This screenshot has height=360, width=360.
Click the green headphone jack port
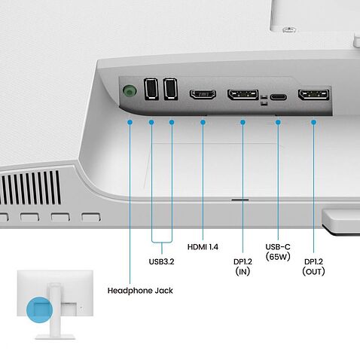130,91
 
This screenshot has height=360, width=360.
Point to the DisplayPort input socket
243,96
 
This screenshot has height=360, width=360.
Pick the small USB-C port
279,97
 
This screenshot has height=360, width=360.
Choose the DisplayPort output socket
313,96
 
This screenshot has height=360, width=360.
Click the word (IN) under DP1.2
243,271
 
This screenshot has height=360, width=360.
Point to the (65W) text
279,256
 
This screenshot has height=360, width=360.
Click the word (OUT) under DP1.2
314,271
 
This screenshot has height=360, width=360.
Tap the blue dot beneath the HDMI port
203,121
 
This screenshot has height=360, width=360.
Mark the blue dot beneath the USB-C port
279,121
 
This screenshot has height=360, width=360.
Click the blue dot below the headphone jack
130,121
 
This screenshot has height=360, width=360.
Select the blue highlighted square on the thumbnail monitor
38,310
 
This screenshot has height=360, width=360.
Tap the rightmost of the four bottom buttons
90,218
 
